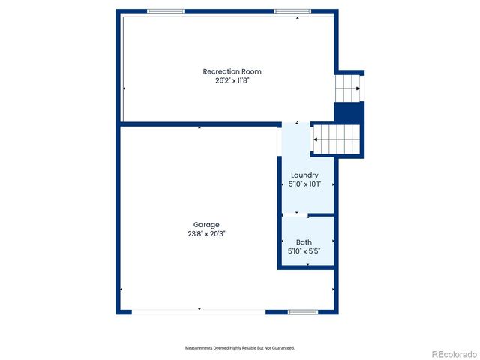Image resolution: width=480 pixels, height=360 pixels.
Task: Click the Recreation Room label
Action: (232, 71)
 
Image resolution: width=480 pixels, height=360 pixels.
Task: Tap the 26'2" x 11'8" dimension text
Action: (232, 79)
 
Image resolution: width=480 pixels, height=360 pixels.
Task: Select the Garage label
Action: (206, 224)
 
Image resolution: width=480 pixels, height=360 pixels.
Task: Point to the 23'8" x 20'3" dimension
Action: (206, 233)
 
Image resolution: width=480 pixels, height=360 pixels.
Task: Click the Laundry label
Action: (304, 175)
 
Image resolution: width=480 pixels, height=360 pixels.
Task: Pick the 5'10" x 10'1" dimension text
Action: (304, 184)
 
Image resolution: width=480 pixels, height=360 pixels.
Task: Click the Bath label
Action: (304, 241)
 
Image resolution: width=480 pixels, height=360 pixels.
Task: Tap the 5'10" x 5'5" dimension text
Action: (304, 250)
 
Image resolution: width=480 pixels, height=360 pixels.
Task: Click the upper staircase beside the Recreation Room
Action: (347, 88)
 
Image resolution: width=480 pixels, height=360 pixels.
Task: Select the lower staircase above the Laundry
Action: (337, 139)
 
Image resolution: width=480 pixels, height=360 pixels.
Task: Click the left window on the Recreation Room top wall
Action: (165, 12)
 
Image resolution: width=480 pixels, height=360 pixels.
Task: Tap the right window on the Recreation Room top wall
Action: (292, 12)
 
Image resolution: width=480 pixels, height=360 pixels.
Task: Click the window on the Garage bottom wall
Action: (303, 311)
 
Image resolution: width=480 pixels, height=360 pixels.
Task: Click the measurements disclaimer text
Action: (240, 348)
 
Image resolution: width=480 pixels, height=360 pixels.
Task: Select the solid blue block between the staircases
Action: (348, 112)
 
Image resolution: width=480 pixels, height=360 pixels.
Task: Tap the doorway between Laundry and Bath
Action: (296, 215)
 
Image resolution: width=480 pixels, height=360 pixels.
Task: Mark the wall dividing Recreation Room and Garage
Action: (199, 124)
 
